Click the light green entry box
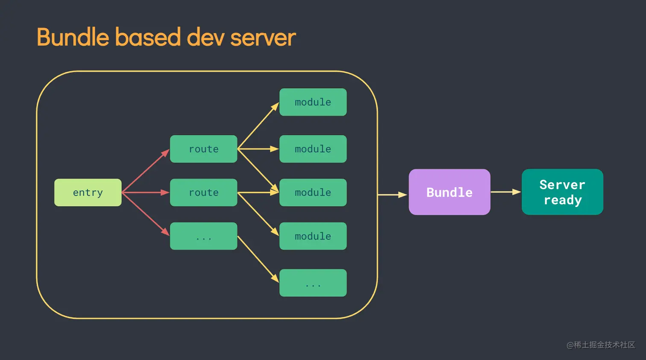pos(88,192)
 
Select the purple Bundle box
pos(449,192)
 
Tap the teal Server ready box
pos(562,192)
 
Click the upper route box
pos(203,149)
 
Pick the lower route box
pos(203,192)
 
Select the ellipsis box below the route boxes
pos(203,236)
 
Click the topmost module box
pos(313,102)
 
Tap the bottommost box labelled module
pos(313,236)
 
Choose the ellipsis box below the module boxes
pos(313,283)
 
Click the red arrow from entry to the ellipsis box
pos(145,214)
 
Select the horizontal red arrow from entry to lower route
pos(145,192)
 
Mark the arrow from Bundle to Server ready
pos(505,192)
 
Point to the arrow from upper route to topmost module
pos(258,126)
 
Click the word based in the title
pos(148,37)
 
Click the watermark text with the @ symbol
pos(600,345)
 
